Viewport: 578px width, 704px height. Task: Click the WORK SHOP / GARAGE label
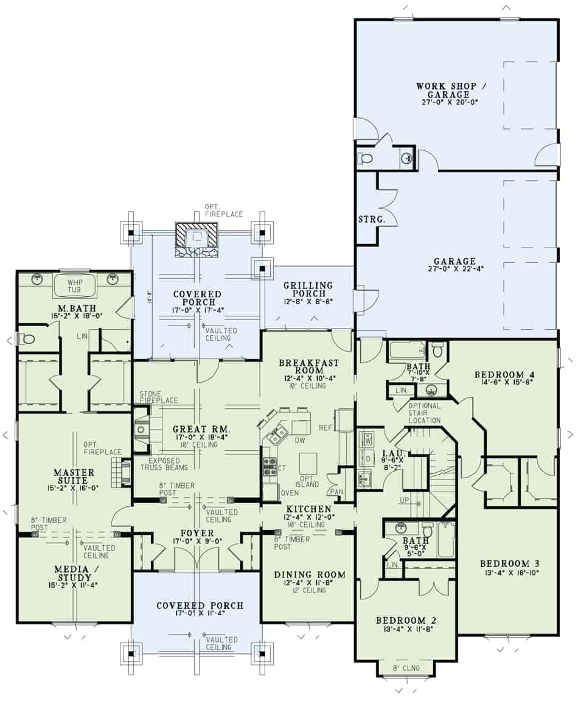[x=442, y=90]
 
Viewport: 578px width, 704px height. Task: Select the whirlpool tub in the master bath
[x=74, y=285]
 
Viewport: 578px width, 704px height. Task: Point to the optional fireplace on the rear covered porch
[x=196, y=236]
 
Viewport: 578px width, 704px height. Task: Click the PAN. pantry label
[x=336, y=491]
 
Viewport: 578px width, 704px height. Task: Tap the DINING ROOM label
[x=310, y=574]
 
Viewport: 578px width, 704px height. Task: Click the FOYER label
[x=193, y=534]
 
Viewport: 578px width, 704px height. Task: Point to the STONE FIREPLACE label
[x=159, y=397]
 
